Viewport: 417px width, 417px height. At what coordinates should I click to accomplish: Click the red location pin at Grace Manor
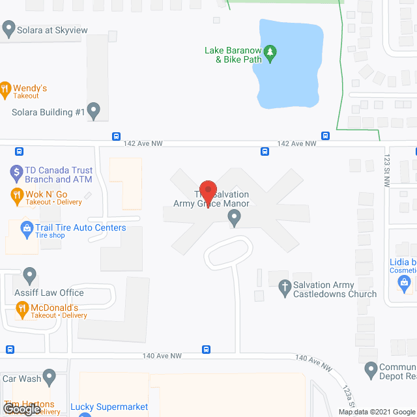[207, 192]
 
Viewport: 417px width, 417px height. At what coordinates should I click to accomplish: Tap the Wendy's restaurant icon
[5, 89]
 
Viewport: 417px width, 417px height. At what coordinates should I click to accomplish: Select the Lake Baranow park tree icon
[272, 53]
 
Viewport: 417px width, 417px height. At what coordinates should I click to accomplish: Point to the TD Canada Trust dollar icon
[17, 173]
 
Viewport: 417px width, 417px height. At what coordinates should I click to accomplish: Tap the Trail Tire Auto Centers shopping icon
[27, 228]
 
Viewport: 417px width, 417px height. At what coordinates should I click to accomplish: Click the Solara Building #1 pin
[94, 111]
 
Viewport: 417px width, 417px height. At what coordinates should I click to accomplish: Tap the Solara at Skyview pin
[8, 29]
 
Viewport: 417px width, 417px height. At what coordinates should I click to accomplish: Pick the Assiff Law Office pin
[30, 276]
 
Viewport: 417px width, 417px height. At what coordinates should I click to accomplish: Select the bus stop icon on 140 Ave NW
[206, 349]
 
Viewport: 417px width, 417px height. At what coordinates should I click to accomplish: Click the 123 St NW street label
[386, 175]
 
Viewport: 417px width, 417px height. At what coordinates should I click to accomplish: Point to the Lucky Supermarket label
[109, 407]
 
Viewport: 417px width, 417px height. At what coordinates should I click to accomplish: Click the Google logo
[21, 409]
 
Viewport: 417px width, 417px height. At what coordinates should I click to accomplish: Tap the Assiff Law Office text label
[50, 293]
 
